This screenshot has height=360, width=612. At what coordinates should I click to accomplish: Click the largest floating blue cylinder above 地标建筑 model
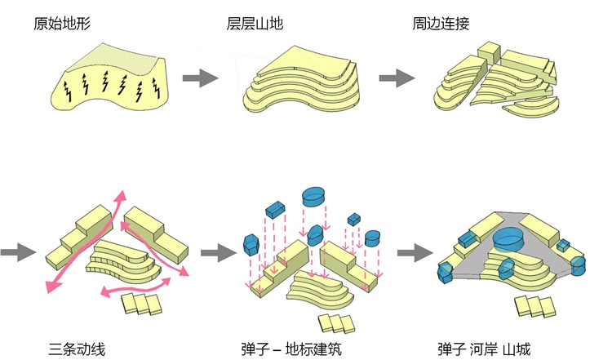click(x=314, y=197)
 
